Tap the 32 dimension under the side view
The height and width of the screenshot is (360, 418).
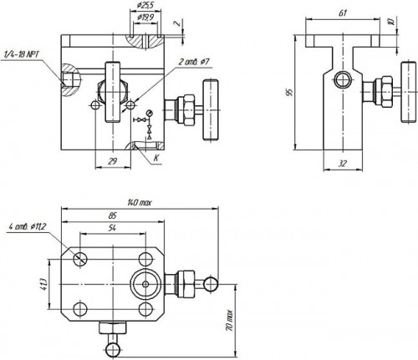coord(342,164)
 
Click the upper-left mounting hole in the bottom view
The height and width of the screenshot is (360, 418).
coord(80,258)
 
